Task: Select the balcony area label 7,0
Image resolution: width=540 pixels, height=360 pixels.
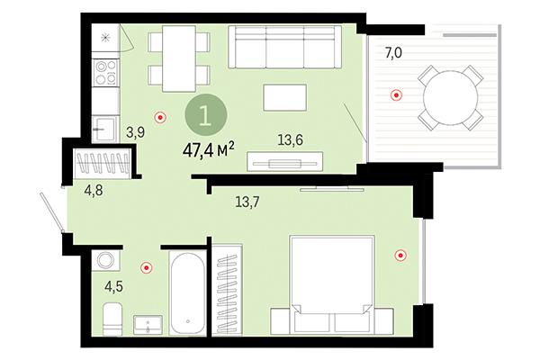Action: (x=393, y=53)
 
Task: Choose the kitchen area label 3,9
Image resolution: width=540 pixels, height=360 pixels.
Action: (x=135, y=132)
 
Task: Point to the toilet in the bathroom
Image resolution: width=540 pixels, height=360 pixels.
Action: (x=112, y=319)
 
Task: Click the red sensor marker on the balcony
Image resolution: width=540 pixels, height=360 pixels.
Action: (x=395, y=94)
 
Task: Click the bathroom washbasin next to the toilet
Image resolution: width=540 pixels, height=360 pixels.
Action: (x=147, y=323)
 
